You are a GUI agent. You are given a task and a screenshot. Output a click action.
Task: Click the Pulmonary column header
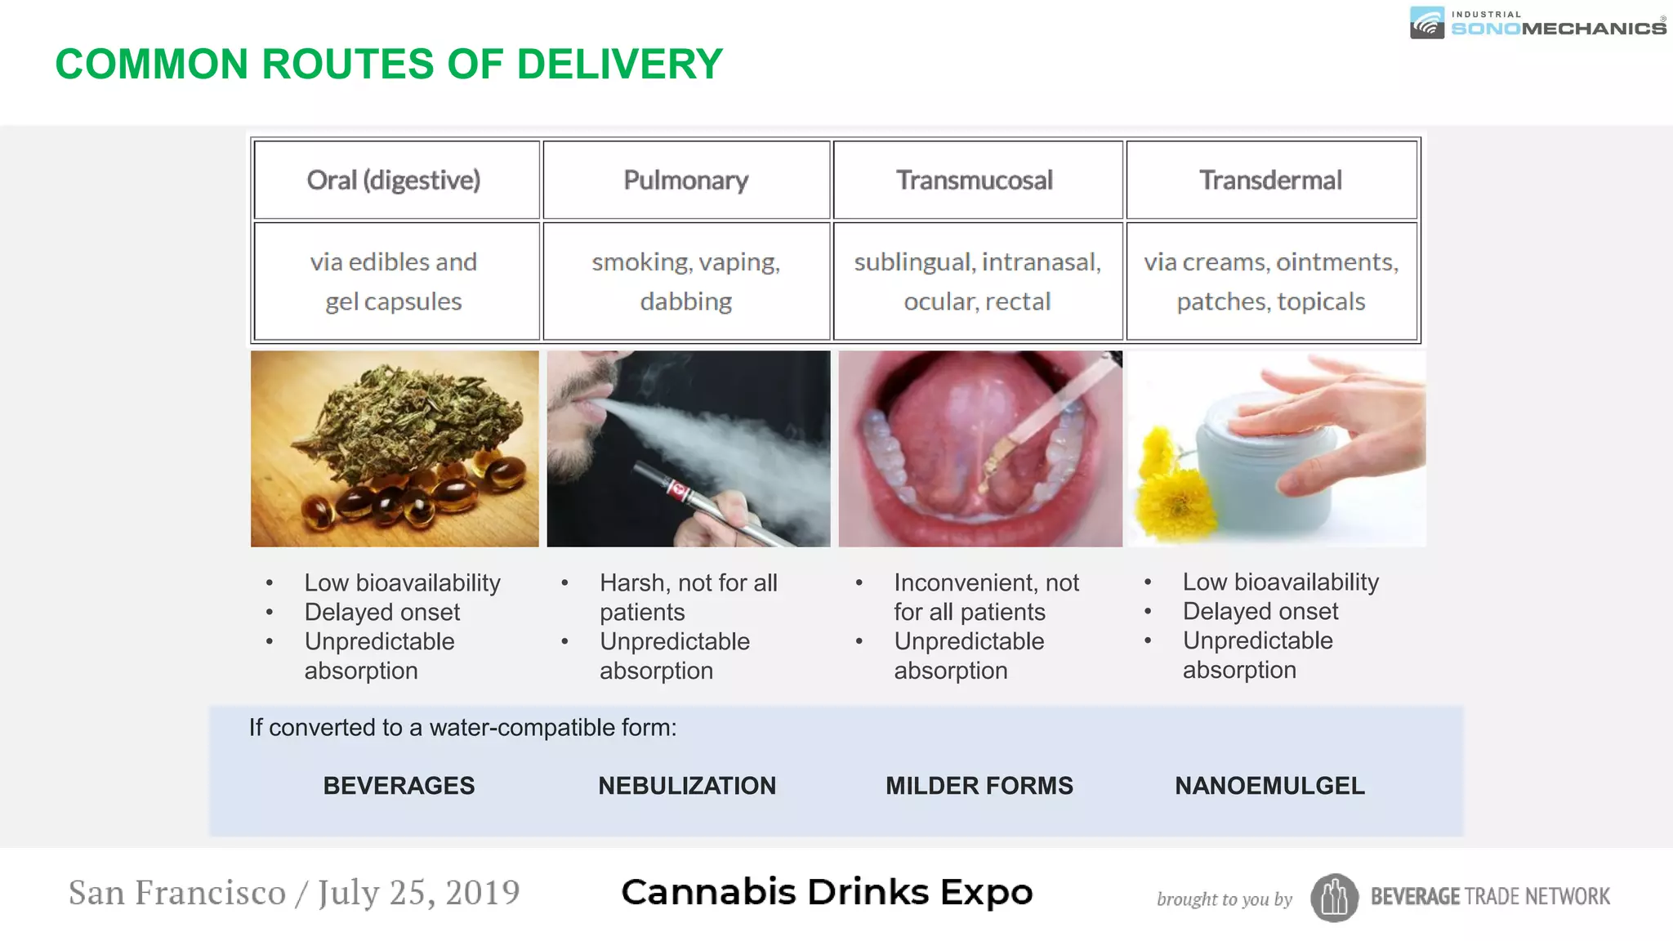(x=686, y=181)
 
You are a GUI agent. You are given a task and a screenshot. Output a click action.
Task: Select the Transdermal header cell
(x=1270, y=181)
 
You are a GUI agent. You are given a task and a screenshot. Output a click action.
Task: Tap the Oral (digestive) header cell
(x=394, y=181)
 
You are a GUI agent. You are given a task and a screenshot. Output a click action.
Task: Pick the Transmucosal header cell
(x=975, y=181)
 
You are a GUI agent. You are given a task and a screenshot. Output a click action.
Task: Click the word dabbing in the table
(x=686, y=301)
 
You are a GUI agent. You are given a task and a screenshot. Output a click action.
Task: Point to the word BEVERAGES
(x=399, y=786)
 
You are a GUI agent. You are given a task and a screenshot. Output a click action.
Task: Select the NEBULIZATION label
(x=687, y=786)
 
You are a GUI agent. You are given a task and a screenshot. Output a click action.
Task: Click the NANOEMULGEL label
(x=1269, y=786)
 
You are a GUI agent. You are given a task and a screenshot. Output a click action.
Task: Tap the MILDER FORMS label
(x=979, y=786)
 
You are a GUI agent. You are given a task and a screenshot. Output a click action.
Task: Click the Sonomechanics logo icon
(x=1427, y=23)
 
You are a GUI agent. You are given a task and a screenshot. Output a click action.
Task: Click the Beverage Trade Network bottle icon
(x=1334, y=898)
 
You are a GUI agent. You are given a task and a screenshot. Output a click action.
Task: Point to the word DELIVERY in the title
(x=620, y=65)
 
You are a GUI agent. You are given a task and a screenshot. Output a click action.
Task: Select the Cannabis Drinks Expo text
(x=827, y=893)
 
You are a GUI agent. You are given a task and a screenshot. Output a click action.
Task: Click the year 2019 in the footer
(x=482, y=893)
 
